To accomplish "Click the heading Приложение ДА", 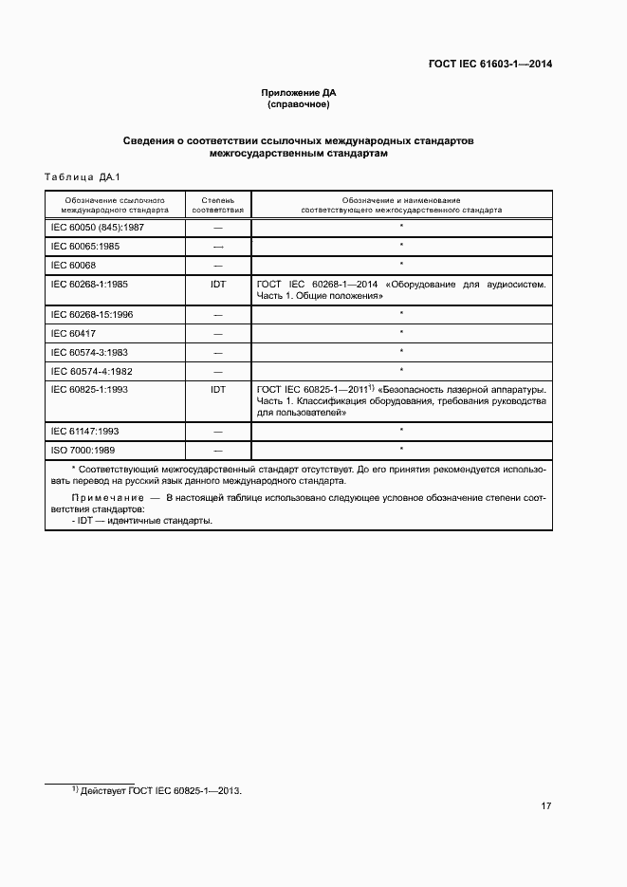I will click(x=299, y=93).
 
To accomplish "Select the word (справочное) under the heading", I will click(x=299, y=104).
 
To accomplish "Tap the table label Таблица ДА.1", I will click(x=79, y=177).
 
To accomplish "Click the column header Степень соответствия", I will click(x=217, y=205).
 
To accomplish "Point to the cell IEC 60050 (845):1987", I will click(x=97, y=228).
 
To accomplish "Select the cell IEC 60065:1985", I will click(x=85, y=246).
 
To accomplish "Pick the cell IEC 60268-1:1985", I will click(x=91, y=284).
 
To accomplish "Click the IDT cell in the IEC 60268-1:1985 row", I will click(x=217, y=284).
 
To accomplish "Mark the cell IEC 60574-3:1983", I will click(x=91, y=352).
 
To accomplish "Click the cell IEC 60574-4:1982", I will click(x=91, y=370).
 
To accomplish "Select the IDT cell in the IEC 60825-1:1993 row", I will click(x=217, y=389).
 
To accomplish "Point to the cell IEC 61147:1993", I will click(x=85, y=431).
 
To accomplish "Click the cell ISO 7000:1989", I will click(x=83, y=449).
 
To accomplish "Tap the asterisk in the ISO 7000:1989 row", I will click(x=401, y=449).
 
